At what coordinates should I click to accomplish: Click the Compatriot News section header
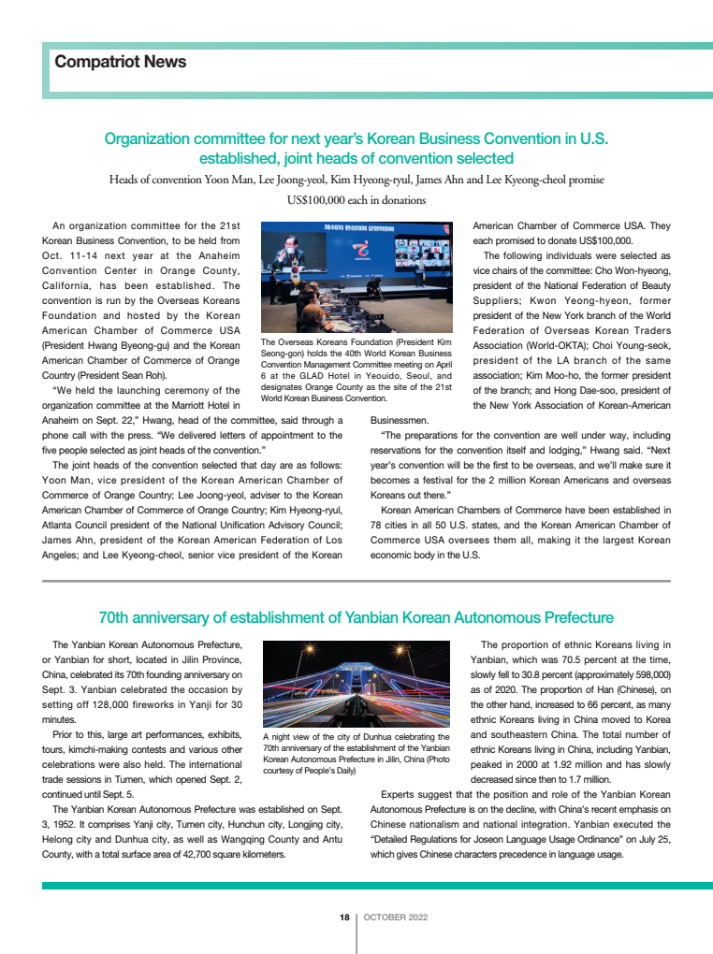121,63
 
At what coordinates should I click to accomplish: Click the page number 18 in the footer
343,917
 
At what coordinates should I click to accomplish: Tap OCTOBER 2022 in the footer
396,917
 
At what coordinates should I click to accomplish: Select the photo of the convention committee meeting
356,278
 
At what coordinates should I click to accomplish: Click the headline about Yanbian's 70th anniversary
356,617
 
